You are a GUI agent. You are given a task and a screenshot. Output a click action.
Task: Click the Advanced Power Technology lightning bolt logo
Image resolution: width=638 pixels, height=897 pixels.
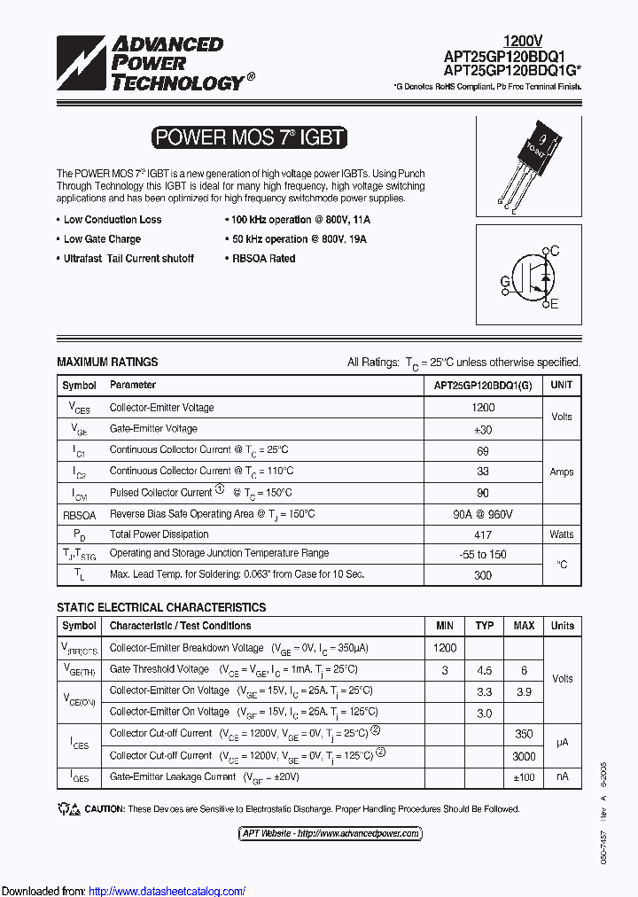[82, 63]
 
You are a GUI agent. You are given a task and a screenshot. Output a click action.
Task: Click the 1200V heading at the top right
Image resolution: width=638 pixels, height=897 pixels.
[523, 40]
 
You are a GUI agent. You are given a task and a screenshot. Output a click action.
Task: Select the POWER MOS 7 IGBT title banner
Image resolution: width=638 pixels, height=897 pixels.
[248, 137]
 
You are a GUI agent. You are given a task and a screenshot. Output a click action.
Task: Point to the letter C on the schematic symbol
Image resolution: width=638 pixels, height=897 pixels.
[555, 251]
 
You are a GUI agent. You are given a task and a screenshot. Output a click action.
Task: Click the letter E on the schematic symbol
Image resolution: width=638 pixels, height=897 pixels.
[555, 305]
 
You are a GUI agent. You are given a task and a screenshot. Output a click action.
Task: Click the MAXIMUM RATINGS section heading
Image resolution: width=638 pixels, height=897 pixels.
[107, 362]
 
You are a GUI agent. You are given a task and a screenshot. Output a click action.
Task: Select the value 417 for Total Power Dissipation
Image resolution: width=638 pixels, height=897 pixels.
[483, 534]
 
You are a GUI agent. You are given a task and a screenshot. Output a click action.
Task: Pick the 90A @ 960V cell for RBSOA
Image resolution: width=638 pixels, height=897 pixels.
[483, 514]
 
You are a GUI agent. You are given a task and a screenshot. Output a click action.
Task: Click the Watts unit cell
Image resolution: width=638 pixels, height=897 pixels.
[562, 534]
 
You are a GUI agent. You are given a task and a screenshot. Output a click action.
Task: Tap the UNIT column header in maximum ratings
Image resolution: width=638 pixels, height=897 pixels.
[562, 386]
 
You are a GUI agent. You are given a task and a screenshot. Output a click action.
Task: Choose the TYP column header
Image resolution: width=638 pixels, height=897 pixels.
[485, 626]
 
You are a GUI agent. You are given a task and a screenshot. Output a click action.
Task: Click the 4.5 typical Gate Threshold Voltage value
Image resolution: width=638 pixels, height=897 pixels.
[485, 670]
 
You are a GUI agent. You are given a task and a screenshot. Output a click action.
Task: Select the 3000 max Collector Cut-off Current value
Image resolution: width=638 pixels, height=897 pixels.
[524, 756]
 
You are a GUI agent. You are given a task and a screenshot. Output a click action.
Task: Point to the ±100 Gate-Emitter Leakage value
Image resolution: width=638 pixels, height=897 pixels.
[524, 777]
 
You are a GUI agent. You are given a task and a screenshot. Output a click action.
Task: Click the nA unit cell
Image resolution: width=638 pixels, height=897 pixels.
[562, 777]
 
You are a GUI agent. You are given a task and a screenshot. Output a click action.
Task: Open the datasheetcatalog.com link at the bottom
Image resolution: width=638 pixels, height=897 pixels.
[167, 891]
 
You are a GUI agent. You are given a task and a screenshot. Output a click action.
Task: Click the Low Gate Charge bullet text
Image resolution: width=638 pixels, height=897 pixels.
[102, 239]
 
